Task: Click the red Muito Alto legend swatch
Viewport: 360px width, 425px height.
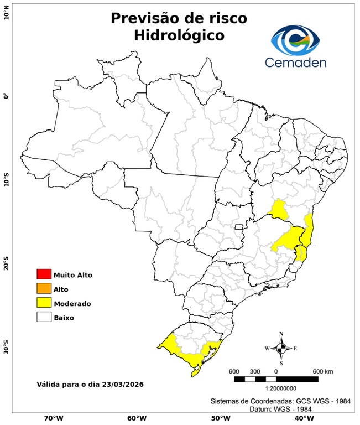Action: pyautogui.click(x=44, y=274)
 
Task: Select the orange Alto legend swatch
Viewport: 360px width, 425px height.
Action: pyautogui.click(x=44, y=288)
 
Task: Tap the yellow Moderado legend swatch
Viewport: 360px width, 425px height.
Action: pyautogui.click(x=44, y=303)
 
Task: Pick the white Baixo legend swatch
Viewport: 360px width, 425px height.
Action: pyautogui.click(x=44, y=317)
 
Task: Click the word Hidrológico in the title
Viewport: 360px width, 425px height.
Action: pyautogui.click(x=179, y=36)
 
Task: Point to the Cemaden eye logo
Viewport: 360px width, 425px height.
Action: pyautogui.click(x=299, y=39)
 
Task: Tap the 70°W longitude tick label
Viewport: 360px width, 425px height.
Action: pyautogui.click(x=53, y=418)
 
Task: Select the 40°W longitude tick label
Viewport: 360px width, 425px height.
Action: pyautogui.click(x=302, y=418)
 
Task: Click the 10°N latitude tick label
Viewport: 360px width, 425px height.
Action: pyautogui.click(x=7, y=13)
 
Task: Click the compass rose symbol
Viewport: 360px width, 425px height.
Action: pyautogui.click(x=281, y=348)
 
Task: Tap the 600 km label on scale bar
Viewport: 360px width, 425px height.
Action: pyautogui.click(x=323, y=371)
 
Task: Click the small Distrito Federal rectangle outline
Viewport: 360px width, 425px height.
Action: pyautogui.click(x=239, y=227)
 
